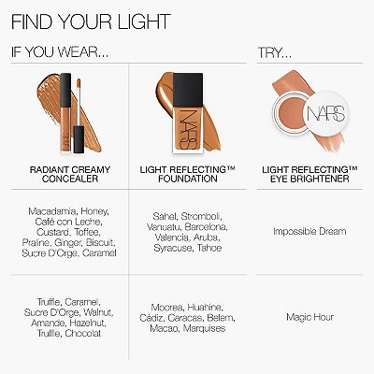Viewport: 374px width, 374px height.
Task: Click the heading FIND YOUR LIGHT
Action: pyautogui.click(x=91, y=22)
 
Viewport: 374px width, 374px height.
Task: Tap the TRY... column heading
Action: pyautogui.click(x=275, y=52)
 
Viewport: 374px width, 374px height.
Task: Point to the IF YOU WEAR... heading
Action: pyautogui.click(x=60, y=51)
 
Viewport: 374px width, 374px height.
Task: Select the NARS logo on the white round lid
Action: pyautogui.click(x=325, y=113)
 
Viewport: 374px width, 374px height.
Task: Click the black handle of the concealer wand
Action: pyautogui.click(x=79, y=139)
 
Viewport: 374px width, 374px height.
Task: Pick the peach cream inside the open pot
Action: pyautogui.click(x=289, y=112)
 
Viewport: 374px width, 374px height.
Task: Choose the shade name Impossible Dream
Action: pyautogui.click(x=309, y=231)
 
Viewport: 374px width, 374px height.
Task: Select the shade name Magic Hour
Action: pyautogui.click(x=309, y=317)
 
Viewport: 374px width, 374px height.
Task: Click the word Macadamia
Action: pyautogui.click(x=52, y=211)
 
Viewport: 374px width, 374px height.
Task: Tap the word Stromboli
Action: pyautogui.click(x=201, y=216)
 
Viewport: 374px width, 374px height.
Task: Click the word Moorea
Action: pyautogui.click(x=167, y=308)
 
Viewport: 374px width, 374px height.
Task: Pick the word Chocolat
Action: pyautogui.click(x=83, y=333)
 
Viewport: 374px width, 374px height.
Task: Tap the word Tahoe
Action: pyautogui.click(x=209, y=248)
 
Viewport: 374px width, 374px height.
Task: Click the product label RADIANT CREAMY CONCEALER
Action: pyautogui.click(x=70, y=174)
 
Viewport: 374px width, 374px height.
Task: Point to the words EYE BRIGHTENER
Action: pyautogui.click(x=309, y=179)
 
